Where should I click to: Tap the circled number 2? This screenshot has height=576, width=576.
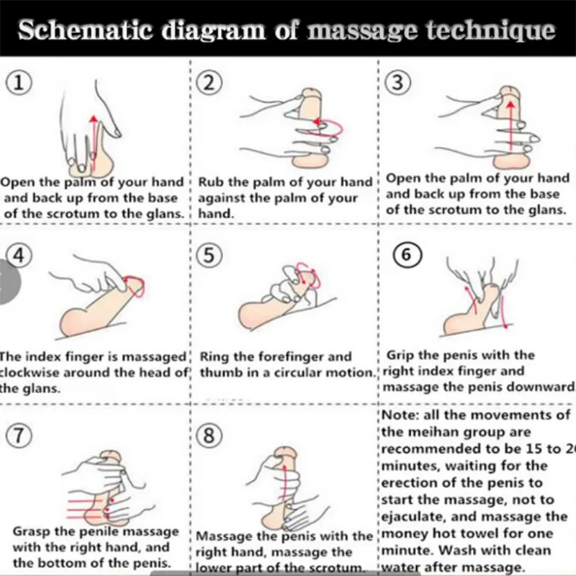tap(209, 84)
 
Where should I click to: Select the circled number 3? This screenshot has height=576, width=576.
tap(397, 84)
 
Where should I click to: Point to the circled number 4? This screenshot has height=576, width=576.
tap(17, 258)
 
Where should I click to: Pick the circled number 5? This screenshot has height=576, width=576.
tap(209, 258)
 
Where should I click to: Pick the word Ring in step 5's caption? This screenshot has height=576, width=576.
tap(213, 356)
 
